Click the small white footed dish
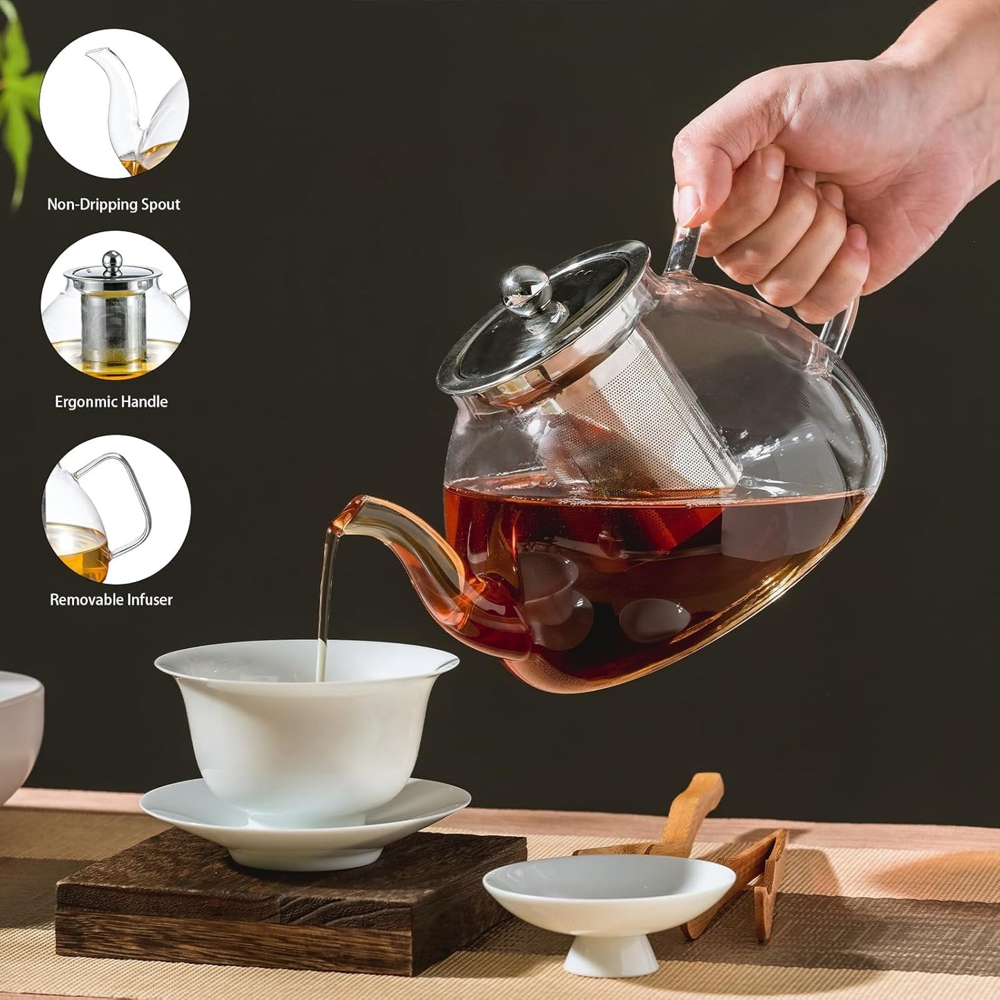click(x=609, y=900)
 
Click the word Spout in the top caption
click(x=161, y=204)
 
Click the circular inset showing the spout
click(x=114, y=104)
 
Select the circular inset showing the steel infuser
click(x=115, y=305)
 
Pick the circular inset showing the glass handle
click(x=116, y=509)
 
